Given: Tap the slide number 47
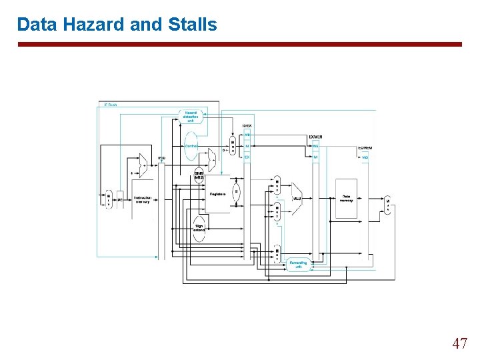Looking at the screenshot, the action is pos(459,344).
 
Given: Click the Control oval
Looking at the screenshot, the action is pos(191,145).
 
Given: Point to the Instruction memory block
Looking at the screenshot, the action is pos(143,199).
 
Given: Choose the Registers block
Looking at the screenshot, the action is pos(217,193).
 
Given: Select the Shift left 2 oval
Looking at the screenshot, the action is pos(199,175).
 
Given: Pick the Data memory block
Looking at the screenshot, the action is pos(346,198).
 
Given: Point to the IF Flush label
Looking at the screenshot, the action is pos(110,105).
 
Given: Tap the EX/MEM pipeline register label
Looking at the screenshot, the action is pos(316,137).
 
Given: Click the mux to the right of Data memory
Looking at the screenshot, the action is pos(387,205).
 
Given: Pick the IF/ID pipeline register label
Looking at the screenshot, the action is pos(161,159).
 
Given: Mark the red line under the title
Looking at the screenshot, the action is pos(239,45).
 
